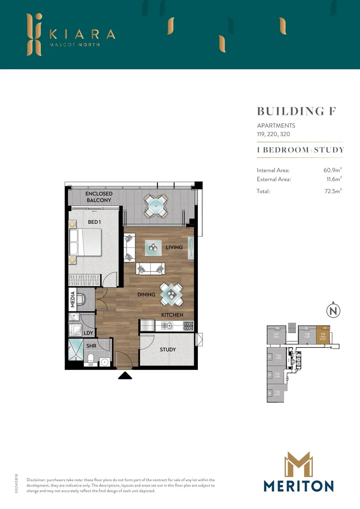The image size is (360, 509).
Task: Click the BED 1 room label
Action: pos(94,222)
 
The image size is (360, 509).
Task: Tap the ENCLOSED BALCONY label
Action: pos(98,197)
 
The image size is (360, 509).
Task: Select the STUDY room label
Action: pos(168,349)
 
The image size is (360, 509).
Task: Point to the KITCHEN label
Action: pos(172,315)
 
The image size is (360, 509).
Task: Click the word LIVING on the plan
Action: pos(174,247)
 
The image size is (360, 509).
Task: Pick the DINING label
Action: pos(146,295)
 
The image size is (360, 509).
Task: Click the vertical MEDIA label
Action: pos(73,300)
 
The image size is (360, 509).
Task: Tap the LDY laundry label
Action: pos(88,333)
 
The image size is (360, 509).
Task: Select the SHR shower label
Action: pos(91,345)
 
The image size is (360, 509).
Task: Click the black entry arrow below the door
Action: pos(125,376)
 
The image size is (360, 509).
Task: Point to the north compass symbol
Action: pos(333,311)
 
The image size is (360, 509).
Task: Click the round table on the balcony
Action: pos(155,206)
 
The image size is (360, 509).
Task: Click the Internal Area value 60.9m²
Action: pos(332,170)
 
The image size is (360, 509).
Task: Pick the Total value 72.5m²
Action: pos(332,191)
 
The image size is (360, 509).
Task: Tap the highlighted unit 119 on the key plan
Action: pos(323,335)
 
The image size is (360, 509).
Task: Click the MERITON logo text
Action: pos(299,486)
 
